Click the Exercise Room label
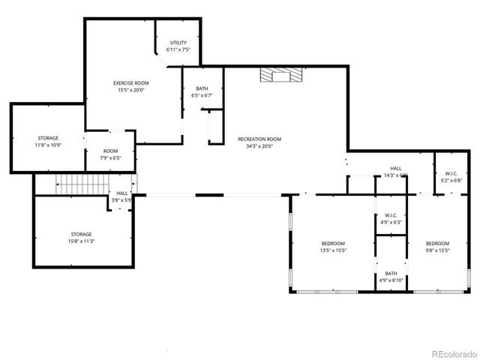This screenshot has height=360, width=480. [130, 82]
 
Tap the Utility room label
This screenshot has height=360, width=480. [178, 43]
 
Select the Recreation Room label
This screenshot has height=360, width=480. [259, 139]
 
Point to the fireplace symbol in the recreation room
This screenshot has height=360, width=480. [280, 74]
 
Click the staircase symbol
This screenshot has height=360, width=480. [83, 182]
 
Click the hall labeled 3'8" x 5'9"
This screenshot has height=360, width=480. [121, 196]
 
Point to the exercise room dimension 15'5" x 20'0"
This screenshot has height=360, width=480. [130, 90]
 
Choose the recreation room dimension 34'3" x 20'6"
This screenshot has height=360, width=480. [259, 146]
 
